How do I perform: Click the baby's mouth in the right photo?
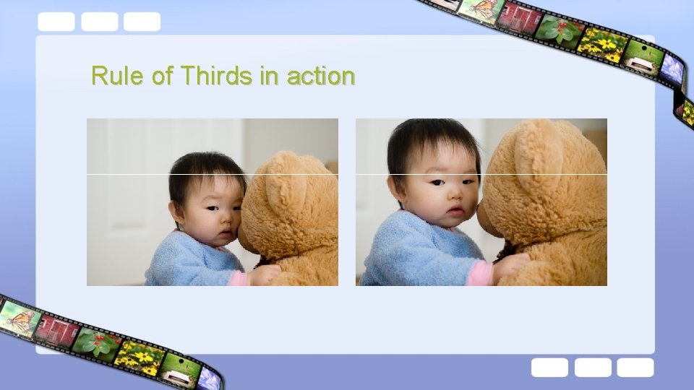[455, 211]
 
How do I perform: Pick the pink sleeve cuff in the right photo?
[479, 273]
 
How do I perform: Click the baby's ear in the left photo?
[174, 211]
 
